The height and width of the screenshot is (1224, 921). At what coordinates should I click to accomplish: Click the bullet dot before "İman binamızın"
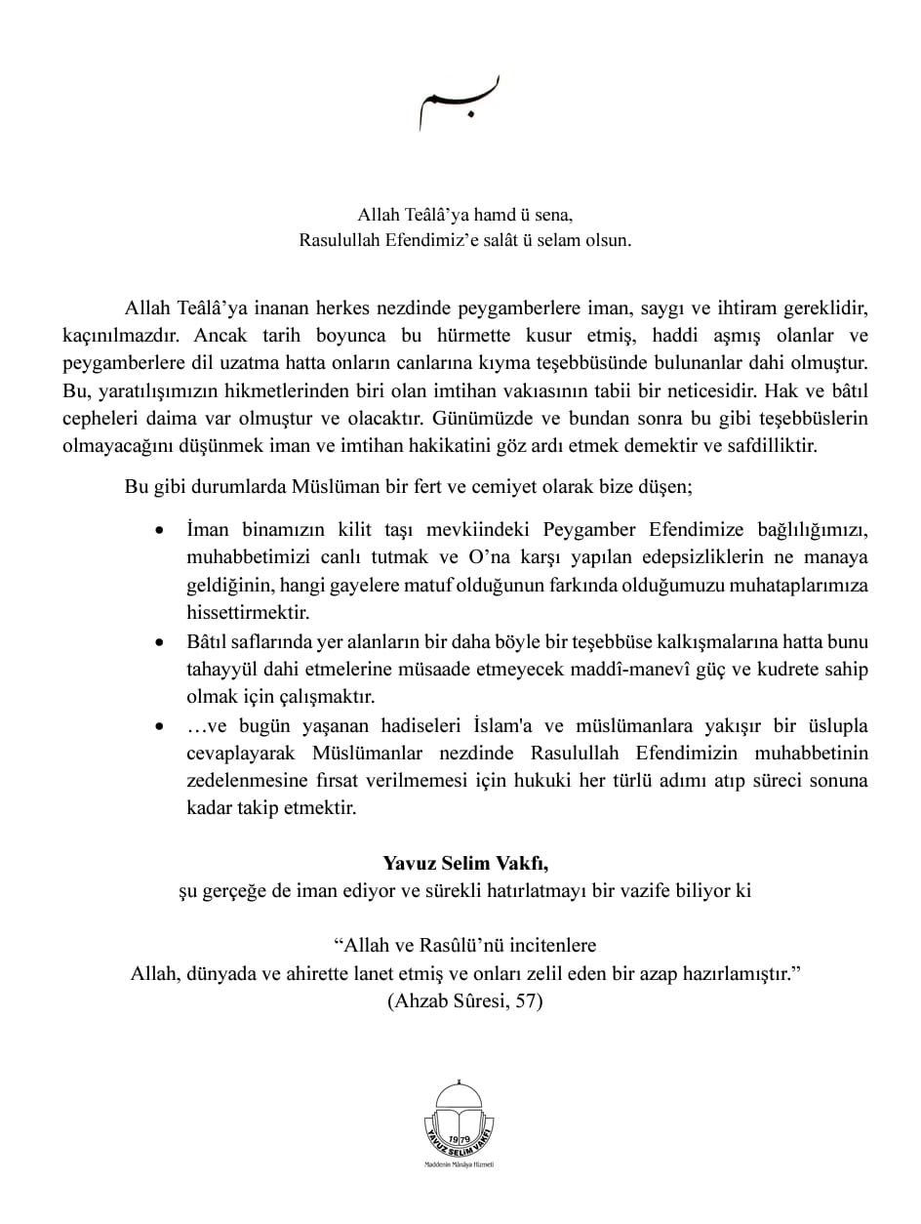click(x=161, y=532)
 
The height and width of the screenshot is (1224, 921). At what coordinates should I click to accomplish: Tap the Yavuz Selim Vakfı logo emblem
click(x=460, y=1119)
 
